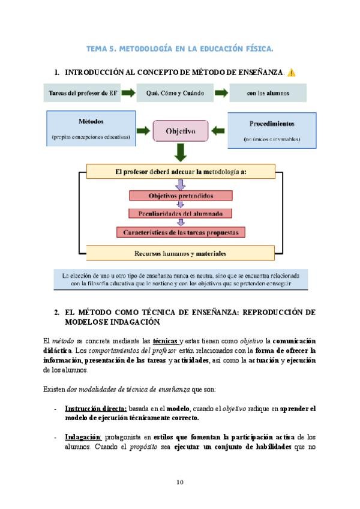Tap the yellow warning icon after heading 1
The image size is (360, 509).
click(291, 73)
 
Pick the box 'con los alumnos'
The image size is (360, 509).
click(268, 93)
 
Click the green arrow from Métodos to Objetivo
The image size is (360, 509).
click(144, 130)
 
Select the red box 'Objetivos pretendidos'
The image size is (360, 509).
click(180, 195)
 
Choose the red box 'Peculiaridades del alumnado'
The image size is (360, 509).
click(180, 213)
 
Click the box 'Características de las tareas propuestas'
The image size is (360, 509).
click(180, 231)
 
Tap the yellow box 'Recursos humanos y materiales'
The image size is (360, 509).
click(180, 252)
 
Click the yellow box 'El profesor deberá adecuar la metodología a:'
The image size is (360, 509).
click(180, 172)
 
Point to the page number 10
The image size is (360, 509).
click(180, 482)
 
